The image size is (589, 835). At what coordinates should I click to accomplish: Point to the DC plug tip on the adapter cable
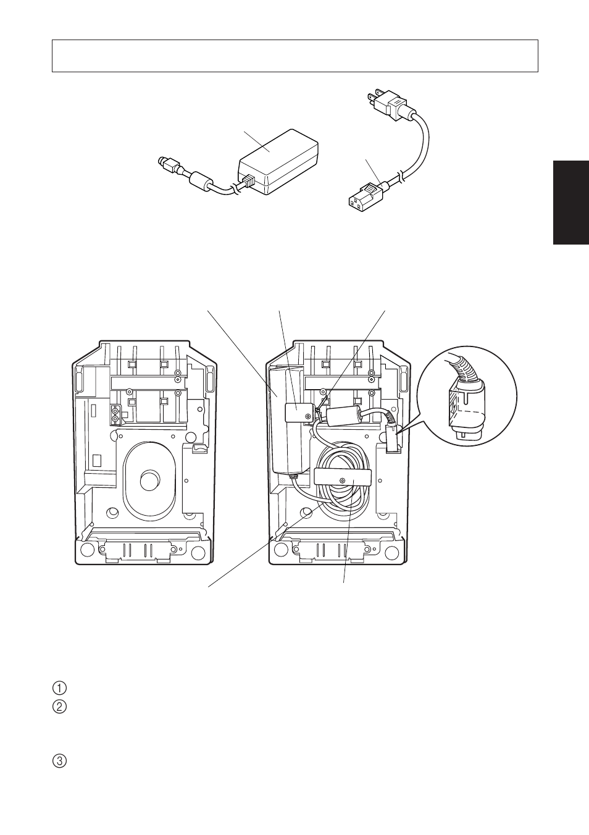coord(163,163)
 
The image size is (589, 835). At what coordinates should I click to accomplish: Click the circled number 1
coord(59,688)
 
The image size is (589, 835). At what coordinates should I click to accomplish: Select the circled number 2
coord(59,707)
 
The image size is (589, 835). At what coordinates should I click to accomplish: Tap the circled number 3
coord(59,761)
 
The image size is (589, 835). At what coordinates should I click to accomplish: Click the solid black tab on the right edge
coord(570,203)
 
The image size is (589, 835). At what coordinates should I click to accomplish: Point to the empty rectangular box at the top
coord(294,56)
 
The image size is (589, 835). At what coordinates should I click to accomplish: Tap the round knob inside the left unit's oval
coord(149,480)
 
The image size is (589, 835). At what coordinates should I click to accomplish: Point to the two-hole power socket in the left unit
coord(115,415)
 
